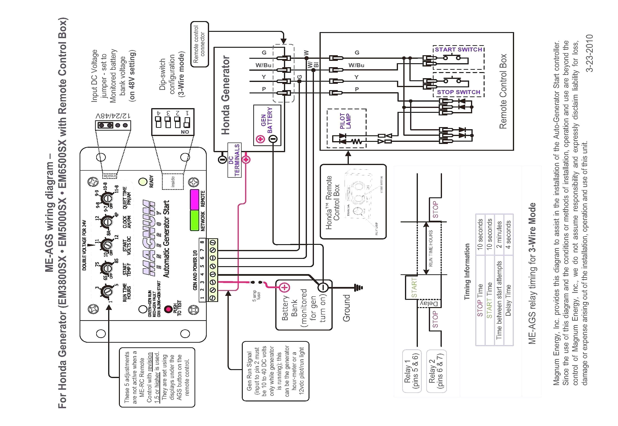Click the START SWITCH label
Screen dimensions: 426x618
(458, 50)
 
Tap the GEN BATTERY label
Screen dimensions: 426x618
(267, 120)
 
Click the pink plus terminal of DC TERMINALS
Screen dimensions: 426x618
(246, 160)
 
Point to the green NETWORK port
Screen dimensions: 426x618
(194, 220)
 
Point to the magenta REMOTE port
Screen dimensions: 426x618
(194, 199)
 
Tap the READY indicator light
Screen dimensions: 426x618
(143, 182)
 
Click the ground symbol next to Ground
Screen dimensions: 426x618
(358, 287)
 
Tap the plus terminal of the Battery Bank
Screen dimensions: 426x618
(285, 287)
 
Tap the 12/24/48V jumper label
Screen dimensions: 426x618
(113, 116)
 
